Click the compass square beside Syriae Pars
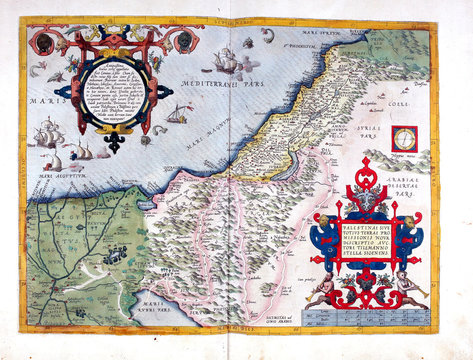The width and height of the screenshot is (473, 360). pyautogui.click(x=405, y=137)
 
